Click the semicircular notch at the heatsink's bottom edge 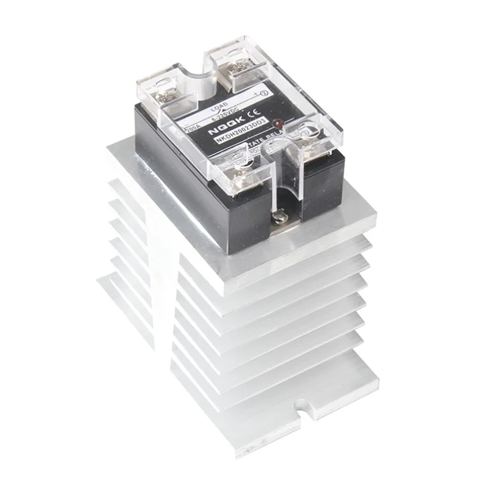(x=306, y=407)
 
